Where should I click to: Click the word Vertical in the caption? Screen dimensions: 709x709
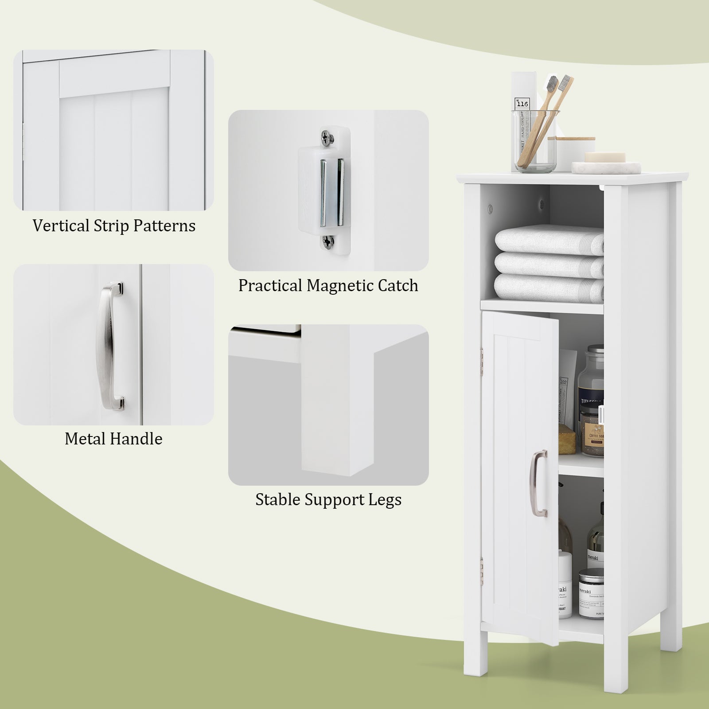click(x=61, y=226)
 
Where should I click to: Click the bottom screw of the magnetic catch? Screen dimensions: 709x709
click(x=328, y=241)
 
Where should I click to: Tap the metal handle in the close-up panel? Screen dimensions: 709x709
click(x=111, y=346)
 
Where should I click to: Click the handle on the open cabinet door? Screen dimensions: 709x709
click(x=539, y=483)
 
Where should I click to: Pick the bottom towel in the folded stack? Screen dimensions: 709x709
click(x=549, y=286)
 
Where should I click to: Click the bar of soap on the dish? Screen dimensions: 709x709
click(x=605, y=157)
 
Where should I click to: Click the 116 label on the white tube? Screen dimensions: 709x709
click(x=522, y=103)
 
